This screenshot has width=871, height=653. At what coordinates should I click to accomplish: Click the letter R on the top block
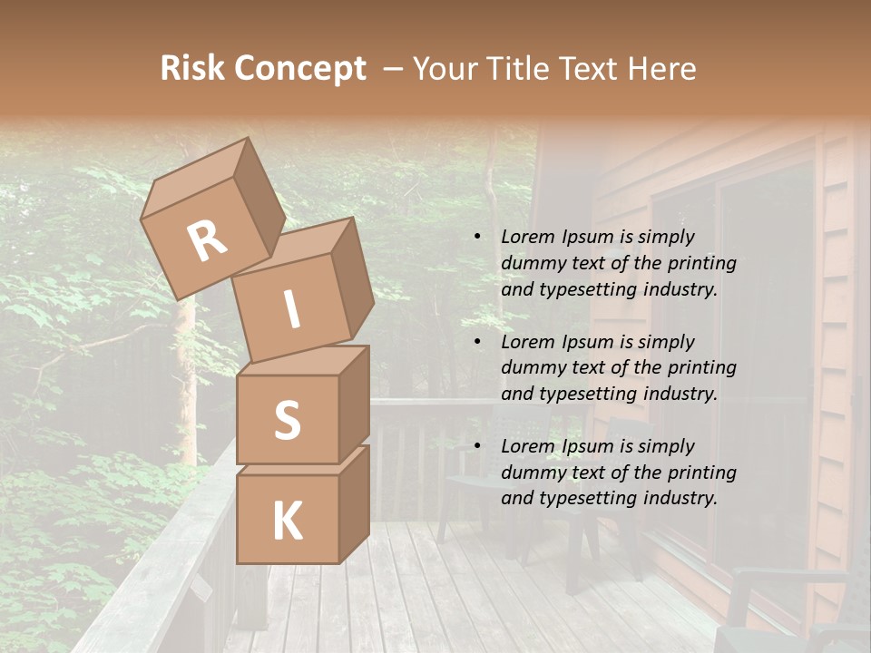point(208,241)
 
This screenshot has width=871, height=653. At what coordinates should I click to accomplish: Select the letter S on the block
point(287,420)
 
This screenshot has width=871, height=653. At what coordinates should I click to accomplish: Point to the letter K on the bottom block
point(287,521)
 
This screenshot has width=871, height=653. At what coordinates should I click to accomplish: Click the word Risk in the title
point(192,68)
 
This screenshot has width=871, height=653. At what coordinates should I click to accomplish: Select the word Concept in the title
point(299,69)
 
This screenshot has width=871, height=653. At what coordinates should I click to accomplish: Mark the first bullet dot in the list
point(477,238)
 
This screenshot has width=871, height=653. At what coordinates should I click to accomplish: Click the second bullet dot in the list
point(477,343)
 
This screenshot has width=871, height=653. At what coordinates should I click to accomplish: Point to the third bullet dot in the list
point(477,447)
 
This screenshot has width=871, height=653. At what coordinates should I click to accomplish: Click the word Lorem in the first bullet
point(527,237)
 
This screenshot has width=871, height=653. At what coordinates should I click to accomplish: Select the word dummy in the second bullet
point(534,368)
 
